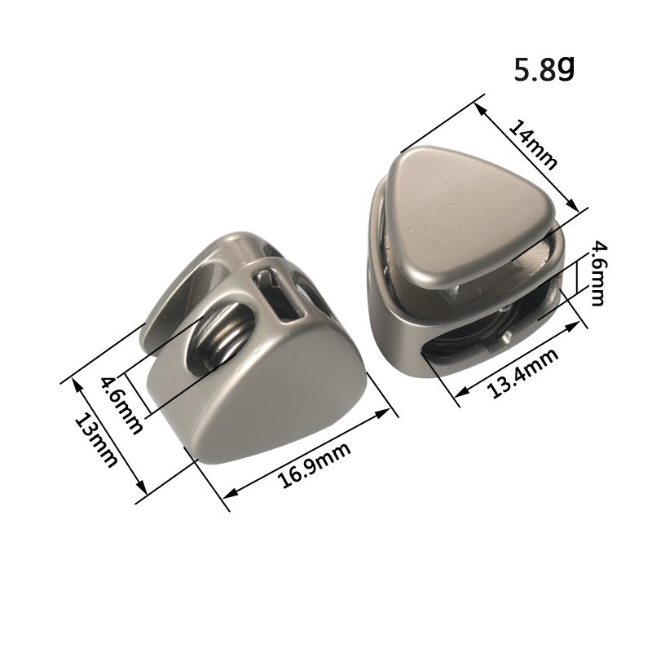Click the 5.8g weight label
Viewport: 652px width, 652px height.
tap(544, 69)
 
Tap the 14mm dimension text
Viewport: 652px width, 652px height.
tap(532, 145)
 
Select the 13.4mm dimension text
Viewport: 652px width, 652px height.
tap(522, 373)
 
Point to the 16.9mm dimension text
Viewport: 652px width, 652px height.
tap(313, 465)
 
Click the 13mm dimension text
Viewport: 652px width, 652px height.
tap(95, 440)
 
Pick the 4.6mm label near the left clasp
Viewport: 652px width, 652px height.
tap(121, 405)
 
